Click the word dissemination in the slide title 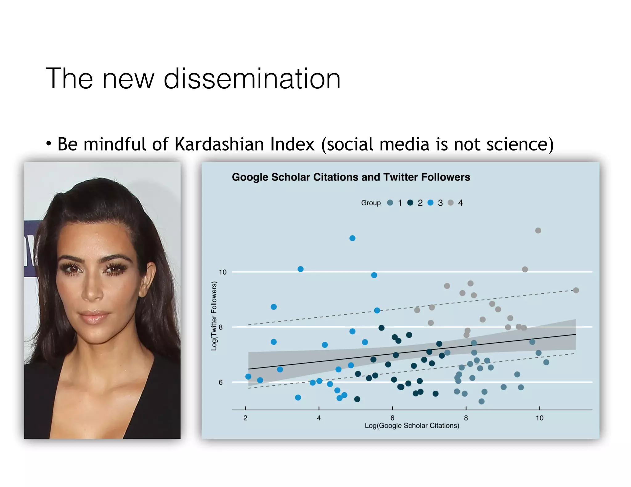pos(252,79)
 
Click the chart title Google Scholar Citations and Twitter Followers pos(351,177)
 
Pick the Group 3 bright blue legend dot pos(430,203)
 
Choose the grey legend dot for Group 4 pos(450,203)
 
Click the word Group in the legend pos(371,203)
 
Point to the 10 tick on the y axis pos(222,272)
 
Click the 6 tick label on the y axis pos(221,382)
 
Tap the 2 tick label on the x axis pos(245,418)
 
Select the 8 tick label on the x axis pos(466,418)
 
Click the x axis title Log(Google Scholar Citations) pos(412,425)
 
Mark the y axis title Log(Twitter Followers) pos(214,316)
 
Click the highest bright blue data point pos(352,238)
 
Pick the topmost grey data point pos(538,231)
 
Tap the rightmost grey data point pos(576,290)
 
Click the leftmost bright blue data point pos(248,376)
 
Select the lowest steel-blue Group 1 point pos(481,401)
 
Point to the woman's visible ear pos(148,279)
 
